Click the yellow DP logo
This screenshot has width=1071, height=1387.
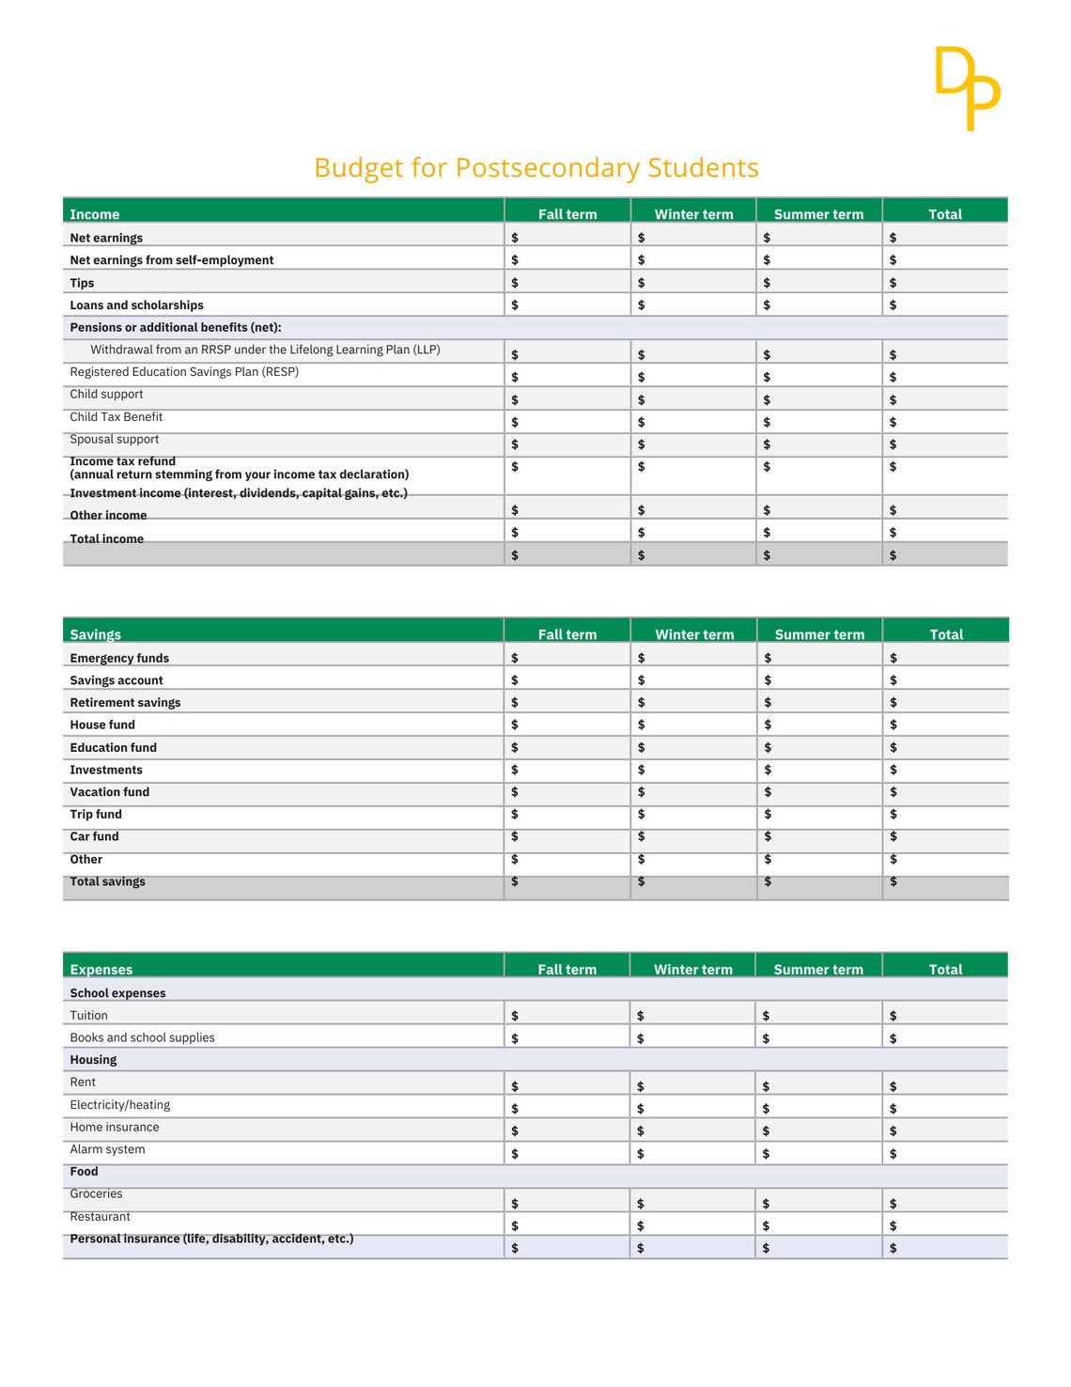point(968,87)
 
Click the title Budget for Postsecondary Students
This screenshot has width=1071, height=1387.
point(535,167)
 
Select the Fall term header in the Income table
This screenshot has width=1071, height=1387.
point(567,214)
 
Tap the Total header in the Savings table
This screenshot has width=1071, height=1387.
point(946,634)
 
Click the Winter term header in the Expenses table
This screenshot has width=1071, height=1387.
point(693,969)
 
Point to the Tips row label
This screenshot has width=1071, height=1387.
point(82,283)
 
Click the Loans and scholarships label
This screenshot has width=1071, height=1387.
point(136,305)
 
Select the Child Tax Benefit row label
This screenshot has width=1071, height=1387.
point(116,417)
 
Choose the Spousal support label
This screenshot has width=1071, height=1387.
point(114,440)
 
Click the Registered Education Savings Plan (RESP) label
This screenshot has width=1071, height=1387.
point(184,372)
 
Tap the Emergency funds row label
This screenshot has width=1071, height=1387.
point(119,658)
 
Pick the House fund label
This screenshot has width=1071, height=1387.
point(102,725)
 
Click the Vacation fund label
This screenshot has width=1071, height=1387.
point(109,792)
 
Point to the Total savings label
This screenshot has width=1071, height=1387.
point(107,881)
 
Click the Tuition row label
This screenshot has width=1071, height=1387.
point(88,1015)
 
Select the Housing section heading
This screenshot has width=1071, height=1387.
point(93,1059)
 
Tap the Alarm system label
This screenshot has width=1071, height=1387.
point(107,1149)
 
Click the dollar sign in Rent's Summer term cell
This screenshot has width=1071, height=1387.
point(766,1086)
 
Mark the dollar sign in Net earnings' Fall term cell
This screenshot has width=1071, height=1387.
point(515,238)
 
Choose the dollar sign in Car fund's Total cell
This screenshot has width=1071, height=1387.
point(893,836)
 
